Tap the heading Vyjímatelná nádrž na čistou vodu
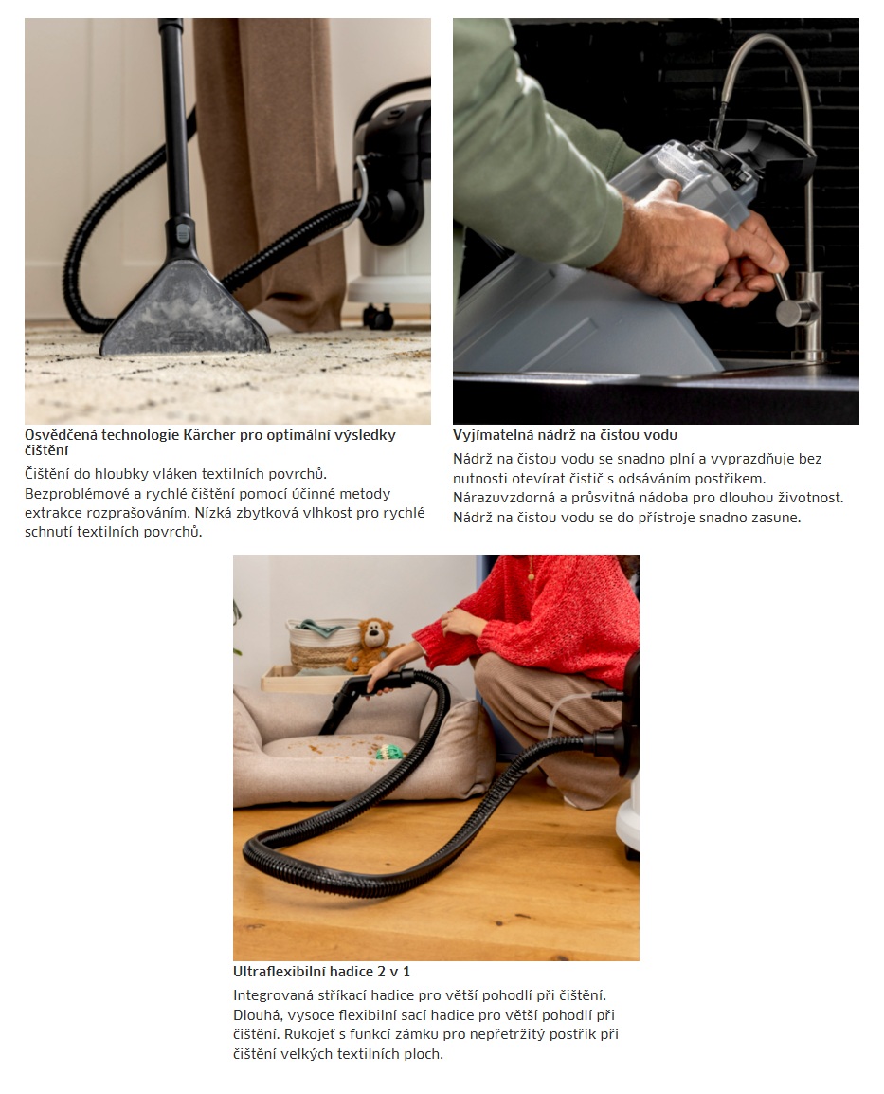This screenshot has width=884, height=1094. tap(565, 435)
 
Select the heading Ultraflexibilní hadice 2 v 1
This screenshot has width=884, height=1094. tap(321, 971)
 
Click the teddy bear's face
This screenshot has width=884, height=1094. tap(376, 635)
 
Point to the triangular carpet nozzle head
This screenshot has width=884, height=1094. tap(185, 311)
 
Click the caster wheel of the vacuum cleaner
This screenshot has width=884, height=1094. tap(379, 317)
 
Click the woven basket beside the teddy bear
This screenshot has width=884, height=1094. tap(323, 644)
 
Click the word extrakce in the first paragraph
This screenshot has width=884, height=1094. tap(53, 513)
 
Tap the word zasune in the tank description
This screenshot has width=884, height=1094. tap(776, 518)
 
